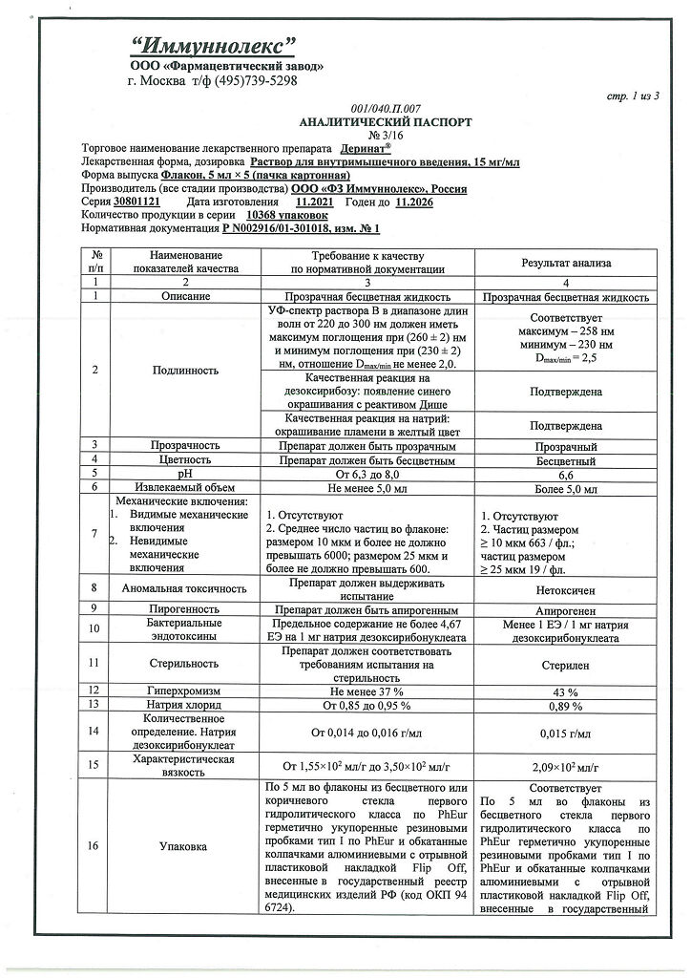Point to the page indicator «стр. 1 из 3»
(x=633, y=97)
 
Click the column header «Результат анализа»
(x=566, y=262)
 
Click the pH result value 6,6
(x=566, y=474)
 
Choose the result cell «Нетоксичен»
(x=566, y=590)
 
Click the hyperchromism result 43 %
(x=566, y=691)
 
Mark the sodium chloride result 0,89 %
(x=566, y=706)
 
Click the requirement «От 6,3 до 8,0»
(x=367, y=474)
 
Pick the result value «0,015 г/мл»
(x=566, y=733)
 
